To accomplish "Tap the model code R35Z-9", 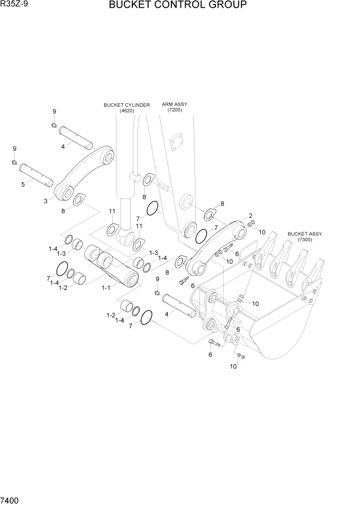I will (15, 5).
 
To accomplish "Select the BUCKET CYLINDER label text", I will (127, 105).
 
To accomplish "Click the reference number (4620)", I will (127, 111).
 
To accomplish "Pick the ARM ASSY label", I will (174, 104).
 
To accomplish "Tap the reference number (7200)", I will (174, 110).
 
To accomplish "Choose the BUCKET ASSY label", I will (305, 234).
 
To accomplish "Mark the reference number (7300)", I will (305, 240).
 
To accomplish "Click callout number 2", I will (250, 216).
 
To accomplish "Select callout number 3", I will (46, 201).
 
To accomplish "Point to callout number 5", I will (23, 184).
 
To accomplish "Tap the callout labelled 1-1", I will (106, 288).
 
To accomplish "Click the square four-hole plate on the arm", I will (178, 140).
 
